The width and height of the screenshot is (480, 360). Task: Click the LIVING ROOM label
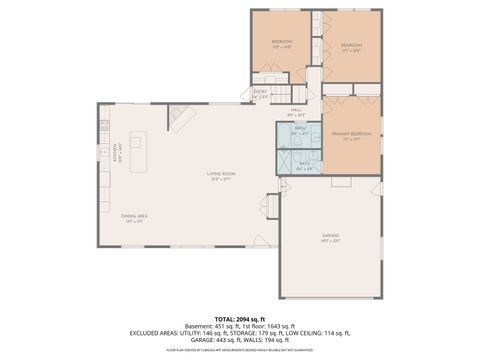coord(219,177)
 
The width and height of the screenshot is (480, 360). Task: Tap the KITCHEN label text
coord(116,156)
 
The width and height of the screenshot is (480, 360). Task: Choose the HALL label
coord(296,111)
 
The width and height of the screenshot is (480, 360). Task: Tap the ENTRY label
coord(260,94)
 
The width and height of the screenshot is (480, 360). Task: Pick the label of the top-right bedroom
coord(351,46)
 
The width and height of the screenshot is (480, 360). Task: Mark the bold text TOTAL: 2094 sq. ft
coord(240,317)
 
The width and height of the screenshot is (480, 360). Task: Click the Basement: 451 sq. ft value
coord(213,325)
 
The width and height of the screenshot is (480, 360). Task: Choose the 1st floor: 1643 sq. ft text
coord(269,325)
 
